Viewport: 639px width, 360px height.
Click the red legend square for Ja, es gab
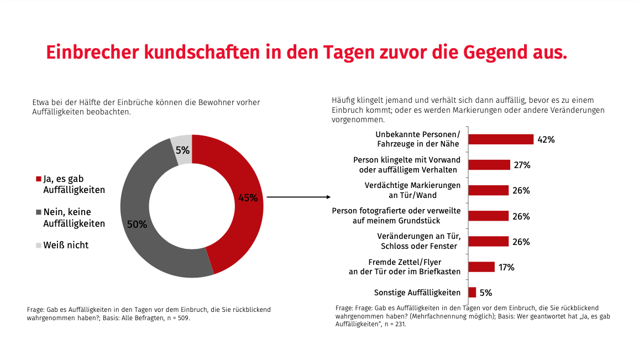click(x=39, y=179)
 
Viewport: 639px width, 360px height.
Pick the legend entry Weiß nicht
click(x=66, y=245)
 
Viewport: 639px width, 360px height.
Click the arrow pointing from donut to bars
click(x=298, y=197)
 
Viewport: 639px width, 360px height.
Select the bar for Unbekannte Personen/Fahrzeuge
click(x=501, y=139)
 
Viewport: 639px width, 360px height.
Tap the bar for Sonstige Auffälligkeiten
click(x=472, y=293)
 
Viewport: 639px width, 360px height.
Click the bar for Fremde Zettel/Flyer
click(x=481, y=267)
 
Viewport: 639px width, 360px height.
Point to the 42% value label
click(x=546, y=140)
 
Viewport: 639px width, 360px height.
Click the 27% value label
click(x=522, y=165)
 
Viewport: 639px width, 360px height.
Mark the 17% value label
click(x=506, y=267)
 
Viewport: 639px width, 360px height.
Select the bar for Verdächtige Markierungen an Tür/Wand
click(x=489, y=190)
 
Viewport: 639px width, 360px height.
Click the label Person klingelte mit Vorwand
click(x=407, y=160)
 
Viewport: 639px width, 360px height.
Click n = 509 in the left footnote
click(x=177, y=319)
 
